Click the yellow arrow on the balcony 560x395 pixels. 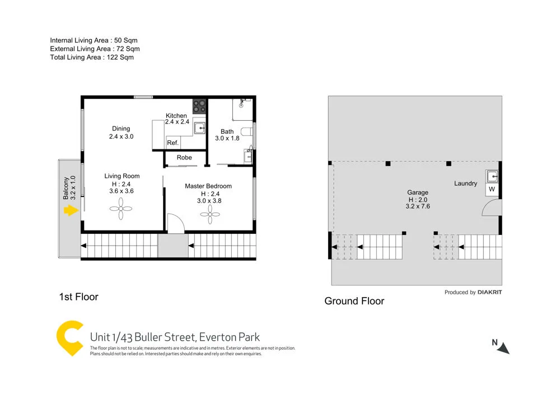coord(69,211)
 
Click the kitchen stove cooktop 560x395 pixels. coord(199,106)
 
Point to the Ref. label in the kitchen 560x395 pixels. coord(172,144)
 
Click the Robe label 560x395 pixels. coord(184,158)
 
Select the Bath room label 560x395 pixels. coord(227,132)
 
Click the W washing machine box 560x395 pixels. coord(492,190)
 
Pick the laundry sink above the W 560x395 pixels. coord(492,177)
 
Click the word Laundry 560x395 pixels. coord(465,184)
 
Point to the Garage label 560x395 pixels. coord(418,192)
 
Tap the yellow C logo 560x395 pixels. coord(70,337)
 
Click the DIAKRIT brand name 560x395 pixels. coord(489,292)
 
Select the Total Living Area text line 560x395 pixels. coord(92,57)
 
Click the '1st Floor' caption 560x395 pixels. coord(78,297)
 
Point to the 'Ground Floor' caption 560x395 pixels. coord(354,301)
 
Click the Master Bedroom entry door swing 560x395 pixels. coord(175,224)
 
